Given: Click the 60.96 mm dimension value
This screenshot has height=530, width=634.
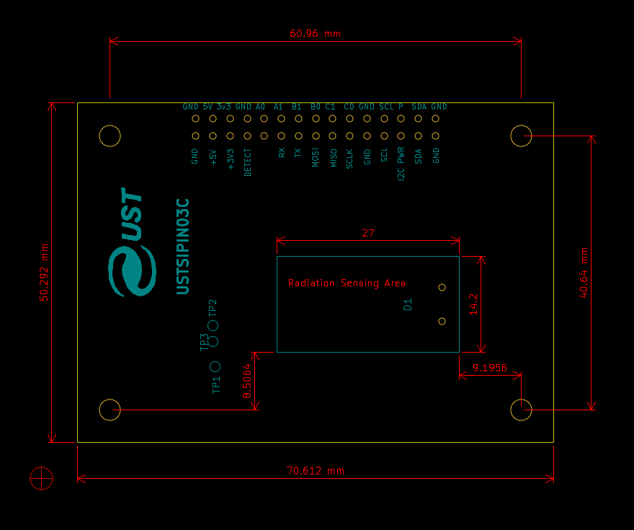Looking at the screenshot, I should (315, 33).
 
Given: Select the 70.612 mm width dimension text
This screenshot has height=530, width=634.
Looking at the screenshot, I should (316, 471).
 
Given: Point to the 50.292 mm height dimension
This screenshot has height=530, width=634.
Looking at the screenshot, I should (45, 272).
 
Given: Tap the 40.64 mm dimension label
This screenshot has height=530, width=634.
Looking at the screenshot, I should (584, 272).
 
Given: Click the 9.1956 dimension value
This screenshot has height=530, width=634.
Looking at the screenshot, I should (490, 368).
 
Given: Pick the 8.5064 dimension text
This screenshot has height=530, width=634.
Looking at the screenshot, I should (247, 381).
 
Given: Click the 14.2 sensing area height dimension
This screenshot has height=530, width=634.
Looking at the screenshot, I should (473, 304).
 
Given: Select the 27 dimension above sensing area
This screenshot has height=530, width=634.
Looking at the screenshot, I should (368, 233).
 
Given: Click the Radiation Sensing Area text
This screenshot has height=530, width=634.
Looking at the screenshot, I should (347, 283).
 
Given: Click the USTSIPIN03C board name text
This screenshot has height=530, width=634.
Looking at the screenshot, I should (183, 246).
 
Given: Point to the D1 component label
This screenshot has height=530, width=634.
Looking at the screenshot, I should (408, 304).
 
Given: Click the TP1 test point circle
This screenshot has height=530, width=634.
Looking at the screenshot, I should (215, 367).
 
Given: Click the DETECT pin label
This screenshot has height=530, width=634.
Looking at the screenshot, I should (248, 162).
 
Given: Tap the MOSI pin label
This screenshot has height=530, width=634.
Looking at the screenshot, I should (316, 158).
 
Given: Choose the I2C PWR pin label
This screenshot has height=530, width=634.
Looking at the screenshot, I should (401, 164).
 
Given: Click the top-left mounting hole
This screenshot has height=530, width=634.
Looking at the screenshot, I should (110, 136).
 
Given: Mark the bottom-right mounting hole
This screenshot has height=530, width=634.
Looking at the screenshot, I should (521, 410).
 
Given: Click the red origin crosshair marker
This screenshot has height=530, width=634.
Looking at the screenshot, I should (42, 477).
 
